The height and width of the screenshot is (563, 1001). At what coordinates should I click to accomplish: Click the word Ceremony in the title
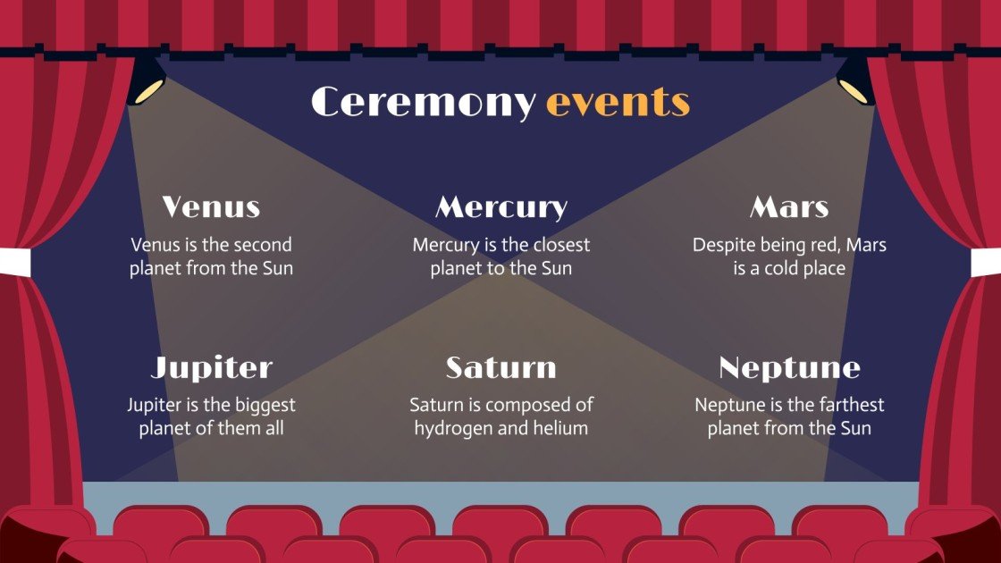coord(424,103)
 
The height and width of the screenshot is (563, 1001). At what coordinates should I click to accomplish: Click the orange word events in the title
coord(618,103)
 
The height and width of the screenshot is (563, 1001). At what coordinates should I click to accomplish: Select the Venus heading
coord(211,207)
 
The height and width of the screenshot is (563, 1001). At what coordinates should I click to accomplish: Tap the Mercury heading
coord(500,207)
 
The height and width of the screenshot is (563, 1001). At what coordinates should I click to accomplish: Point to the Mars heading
coord(789,207)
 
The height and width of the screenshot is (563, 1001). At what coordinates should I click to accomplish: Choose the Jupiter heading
coord(211,367)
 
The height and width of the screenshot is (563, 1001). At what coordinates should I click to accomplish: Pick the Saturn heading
coord(500,367)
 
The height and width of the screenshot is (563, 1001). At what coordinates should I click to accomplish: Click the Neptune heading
coord(789,367)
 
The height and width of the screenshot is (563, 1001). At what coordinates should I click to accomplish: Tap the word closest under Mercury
coord(558,245)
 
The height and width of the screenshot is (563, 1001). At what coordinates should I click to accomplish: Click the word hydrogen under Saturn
coord(453,428)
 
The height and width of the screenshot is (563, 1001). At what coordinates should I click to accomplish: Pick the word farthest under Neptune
coord(847,405)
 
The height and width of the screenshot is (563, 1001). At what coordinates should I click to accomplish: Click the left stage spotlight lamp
coord(147,82)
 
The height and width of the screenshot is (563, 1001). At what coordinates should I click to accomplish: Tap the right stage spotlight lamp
coord(854,82)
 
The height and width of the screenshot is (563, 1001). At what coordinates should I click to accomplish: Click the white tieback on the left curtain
coord(15,262)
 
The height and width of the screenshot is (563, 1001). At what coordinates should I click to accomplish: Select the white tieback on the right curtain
coord(985,262)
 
